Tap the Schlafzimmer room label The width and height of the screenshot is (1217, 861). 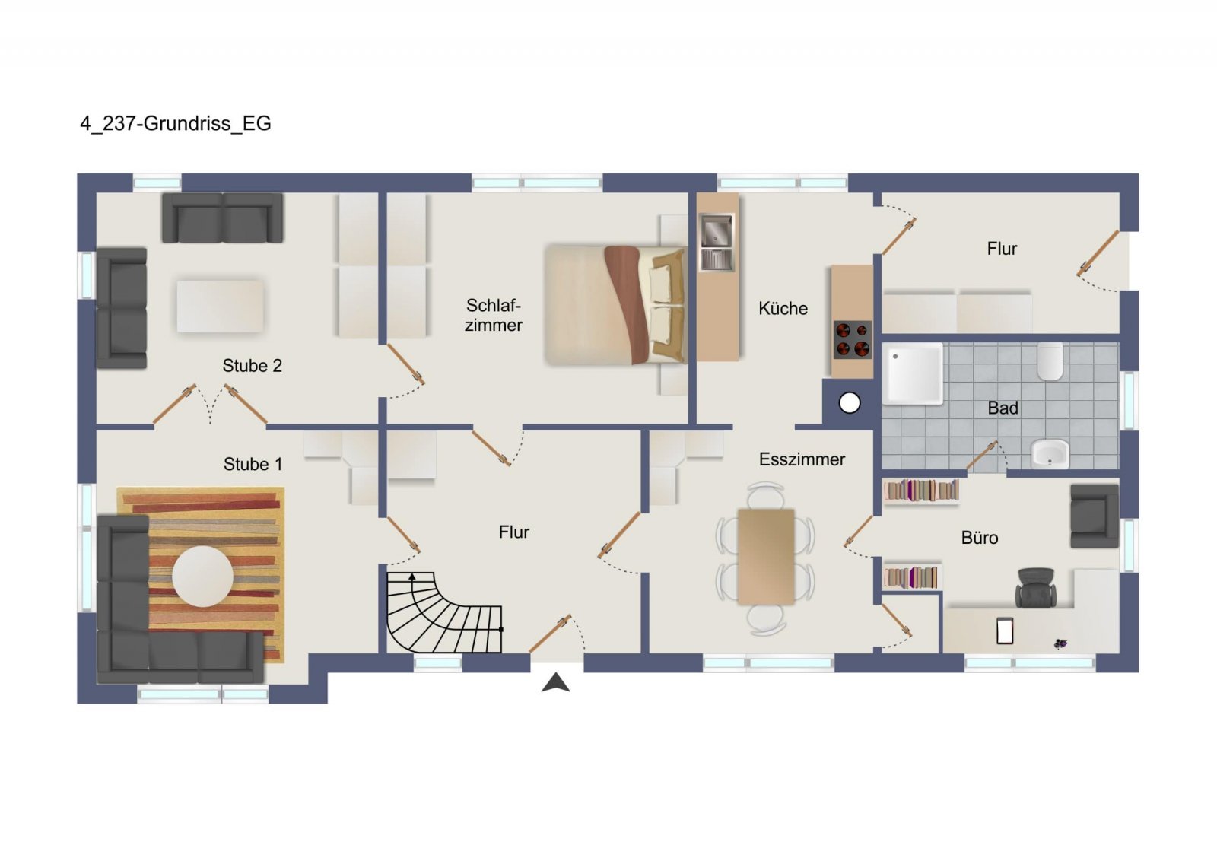494,315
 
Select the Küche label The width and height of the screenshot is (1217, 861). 783,309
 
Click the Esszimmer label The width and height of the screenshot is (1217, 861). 802,459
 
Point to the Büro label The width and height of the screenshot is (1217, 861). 980,538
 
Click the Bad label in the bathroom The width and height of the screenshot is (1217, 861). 1003,408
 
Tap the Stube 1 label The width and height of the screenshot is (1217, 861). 253,465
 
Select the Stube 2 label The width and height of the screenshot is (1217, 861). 252,366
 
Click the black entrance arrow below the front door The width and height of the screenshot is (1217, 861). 555,682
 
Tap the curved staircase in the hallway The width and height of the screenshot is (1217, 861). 443,612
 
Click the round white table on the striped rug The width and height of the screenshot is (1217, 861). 202,577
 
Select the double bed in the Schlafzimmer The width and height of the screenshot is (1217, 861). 615,305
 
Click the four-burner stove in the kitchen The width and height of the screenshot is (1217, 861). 853,339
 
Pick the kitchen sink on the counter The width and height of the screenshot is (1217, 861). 716,243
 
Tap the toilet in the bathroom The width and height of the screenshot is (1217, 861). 1050,361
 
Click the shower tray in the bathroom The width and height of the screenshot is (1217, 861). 912,373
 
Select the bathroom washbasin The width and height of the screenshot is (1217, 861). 1050,454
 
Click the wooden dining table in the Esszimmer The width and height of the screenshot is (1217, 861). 766,557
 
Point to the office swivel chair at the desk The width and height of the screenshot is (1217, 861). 1036,588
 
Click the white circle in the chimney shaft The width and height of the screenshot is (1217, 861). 850,404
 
